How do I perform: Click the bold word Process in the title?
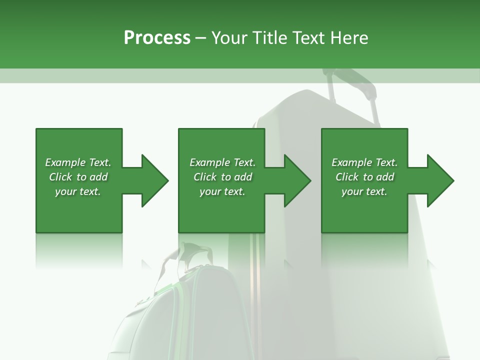point(157,38)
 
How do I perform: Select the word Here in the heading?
point(350,38)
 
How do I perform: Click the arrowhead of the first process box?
point(153,180)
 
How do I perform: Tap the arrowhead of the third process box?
point(439,180)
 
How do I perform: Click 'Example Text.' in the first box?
point(78,162)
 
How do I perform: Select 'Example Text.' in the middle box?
point(222,162)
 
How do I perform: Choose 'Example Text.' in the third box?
point(364,162)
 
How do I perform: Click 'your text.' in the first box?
point(78,191)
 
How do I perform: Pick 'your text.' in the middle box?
point(222,191)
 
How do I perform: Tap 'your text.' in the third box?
point(364,191)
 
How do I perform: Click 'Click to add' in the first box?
point(78,177)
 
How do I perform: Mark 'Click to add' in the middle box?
point(222,177)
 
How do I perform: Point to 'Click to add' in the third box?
point(364,177)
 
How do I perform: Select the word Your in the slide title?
point(230,38)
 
